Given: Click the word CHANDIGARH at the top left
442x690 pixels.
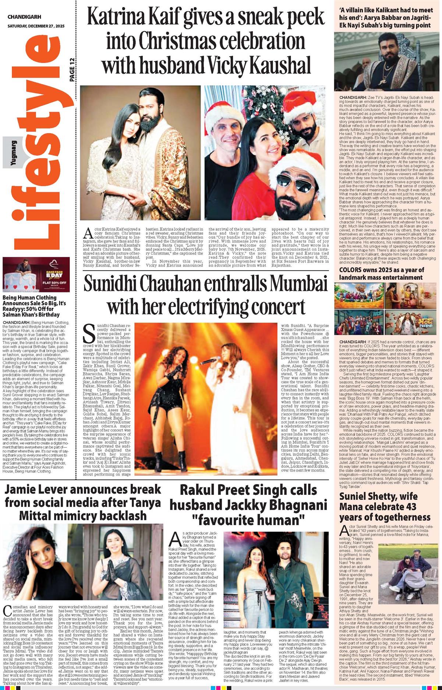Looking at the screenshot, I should click(x=24, y=17).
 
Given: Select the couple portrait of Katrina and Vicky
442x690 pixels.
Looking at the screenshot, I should click(x=140, y=153).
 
